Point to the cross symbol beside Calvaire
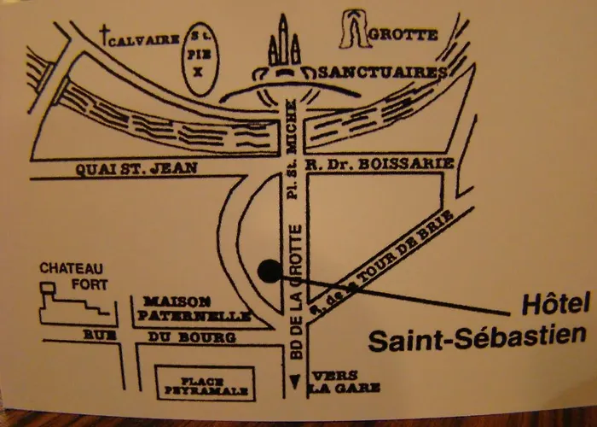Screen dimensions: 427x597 pos(106,35)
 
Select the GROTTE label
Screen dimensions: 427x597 pos(406,35)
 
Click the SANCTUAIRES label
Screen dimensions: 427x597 pos(379,73)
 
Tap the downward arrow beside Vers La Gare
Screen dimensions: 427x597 pos(296,383)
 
